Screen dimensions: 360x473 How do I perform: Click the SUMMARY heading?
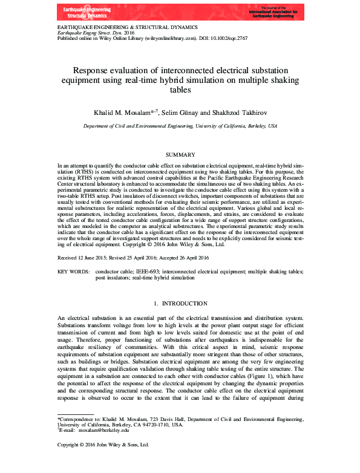point(180,155)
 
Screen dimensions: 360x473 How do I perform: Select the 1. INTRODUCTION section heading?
point(180,302)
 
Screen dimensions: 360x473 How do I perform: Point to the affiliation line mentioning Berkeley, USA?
point(180,126)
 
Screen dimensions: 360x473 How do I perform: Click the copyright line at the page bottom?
point(102,462)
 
